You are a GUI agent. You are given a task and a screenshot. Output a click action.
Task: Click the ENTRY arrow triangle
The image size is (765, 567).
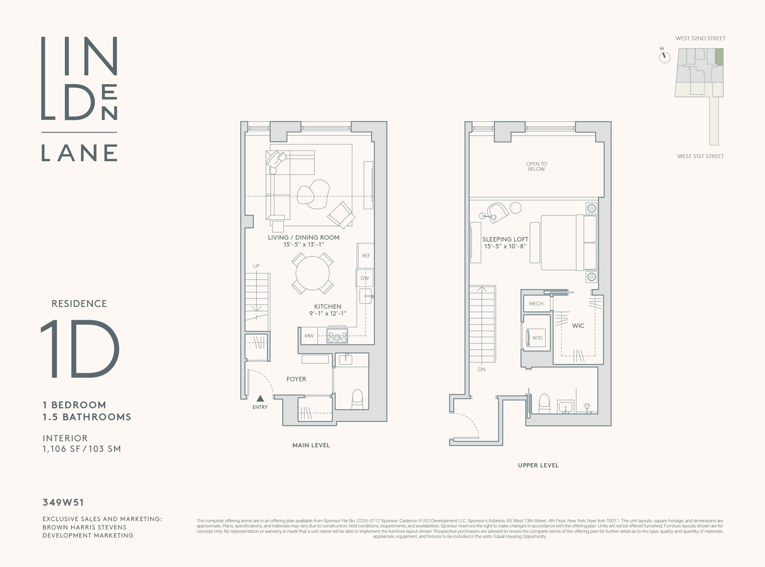[x=260, y=398]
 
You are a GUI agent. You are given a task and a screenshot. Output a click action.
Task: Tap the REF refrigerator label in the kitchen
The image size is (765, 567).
[x=366, y=256]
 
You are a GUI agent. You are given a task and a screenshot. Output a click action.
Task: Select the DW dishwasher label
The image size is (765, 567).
[x=365, y=278]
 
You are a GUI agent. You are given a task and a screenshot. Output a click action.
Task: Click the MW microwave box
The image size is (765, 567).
[x=309, y=336]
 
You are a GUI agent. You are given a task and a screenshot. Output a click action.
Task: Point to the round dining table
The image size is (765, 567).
[x=313, y=273]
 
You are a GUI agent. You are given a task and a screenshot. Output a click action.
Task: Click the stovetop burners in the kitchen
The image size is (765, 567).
[x=337, y=336]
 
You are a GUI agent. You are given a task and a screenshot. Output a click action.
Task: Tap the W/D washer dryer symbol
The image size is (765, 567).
[x=536, y=338]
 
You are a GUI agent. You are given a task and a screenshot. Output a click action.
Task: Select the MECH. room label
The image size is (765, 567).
[x=536, y=304]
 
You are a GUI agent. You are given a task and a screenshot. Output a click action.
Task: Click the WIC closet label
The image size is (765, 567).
[x=578, y=326]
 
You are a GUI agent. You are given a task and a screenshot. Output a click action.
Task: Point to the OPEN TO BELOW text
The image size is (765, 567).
[x=536, y=166]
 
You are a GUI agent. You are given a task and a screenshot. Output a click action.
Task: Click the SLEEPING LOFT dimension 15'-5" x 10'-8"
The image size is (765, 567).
[x=505, y=247]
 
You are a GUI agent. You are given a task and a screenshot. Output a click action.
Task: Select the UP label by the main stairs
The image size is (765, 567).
[x=256, y=266]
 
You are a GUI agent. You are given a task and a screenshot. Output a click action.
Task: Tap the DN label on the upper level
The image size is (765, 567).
[x=481, y=370]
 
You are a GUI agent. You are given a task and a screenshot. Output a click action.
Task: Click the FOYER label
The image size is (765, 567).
[x=296, y=379]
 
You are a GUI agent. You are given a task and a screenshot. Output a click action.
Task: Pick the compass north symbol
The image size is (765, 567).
[x=664, y=57]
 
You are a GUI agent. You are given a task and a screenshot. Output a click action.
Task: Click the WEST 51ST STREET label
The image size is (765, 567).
[x=700, y=156]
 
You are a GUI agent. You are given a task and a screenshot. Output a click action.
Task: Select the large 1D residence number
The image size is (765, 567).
[x=80, y=349]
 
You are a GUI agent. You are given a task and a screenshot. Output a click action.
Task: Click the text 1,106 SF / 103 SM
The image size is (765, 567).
[x=82, y=449]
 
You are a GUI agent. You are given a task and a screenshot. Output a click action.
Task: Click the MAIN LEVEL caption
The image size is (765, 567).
[x=311, y=445]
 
